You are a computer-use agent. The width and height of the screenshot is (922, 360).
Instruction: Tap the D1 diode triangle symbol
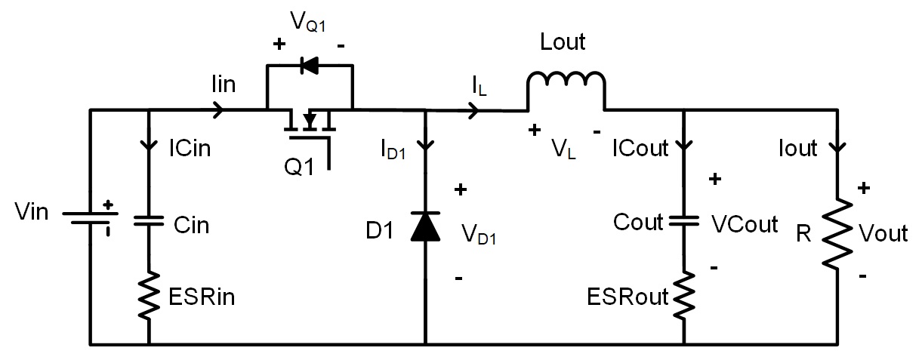point(426,226)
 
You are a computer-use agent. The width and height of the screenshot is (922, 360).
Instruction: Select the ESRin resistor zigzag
point(149,295)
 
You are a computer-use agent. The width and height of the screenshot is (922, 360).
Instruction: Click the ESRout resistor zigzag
point(683,295)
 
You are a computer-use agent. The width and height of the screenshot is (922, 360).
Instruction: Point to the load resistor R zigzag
point(837,234)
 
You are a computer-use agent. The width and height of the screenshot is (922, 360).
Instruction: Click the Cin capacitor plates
point(149,221)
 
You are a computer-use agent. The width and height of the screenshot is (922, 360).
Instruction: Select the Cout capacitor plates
point(683,221)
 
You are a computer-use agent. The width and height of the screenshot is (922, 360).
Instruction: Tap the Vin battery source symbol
point(90,218)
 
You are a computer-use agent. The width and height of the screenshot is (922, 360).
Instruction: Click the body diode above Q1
point(310,66)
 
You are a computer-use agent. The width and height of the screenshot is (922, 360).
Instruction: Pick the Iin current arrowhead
point(218,110)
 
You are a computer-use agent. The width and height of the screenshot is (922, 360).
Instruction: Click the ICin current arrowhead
point(149,146)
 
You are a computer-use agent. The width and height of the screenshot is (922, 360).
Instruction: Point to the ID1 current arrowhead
point(426,146)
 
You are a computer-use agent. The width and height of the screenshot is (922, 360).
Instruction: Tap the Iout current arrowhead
point(837,147)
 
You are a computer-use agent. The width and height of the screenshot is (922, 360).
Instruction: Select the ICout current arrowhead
point(683,146)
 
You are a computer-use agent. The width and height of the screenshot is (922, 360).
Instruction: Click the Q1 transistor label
point(299,168)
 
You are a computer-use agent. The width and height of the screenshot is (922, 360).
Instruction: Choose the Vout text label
point(883,233)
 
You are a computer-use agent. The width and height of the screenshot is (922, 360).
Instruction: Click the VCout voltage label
point(745,224)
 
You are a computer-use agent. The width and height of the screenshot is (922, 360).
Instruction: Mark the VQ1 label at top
point(308,21)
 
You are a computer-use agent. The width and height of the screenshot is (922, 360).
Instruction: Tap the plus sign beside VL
point(535,130)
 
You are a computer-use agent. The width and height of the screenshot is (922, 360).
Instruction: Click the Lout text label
point(563,42)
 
